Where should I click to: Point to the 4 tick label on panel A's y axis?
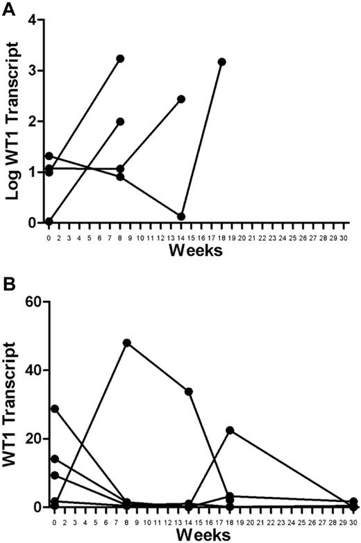coord(31,19)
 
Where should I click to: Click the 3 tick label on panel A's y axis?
coord(31,70)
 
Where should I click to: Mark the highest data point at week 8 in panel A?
coord(120,58)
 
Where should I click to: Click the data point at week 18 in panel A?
coord(221,62)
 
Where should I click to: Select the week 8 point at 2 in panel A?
coord(120,121)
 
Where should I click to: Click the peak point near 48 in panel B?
coord(127,343)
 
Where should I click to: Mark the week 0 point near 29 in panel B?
coord(55,408)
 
